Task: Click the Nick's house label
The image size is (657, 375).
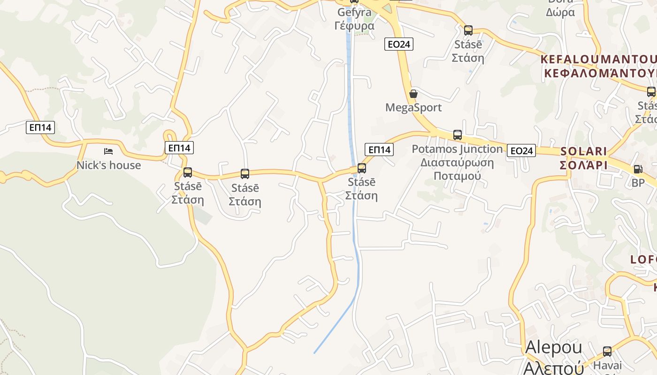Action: (x=108, y=165)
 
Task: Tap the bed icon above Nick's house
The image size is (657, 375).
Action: (x=108, y=151)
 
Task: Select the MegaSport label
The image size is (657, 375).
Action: (x=413, y=107)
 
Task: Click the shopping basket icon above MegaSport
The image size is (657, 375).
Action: (x=413, y=94)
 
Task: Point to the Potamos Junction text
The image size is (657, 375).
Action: (x=457, y=149)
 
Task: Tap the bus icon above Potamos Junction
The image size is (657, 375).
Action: (x=458, y=135)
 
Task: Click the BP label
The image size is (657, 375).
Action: (x=638, y=183)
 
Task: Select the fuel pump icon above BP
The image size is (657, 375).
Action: (x=638, y=169)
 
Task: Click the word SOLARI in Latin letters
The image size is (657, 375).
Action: (x=583, y=151)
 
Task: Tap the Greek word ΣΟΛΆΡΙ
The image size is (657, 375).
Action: (x=583, y=165)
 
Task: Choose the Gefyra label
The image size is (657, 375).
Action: (x=354, y=12)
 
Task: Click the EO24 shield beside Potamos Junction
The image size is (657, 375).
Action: (x=521, y=150)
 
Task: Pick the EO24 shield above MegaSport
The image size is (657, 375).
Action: (x=399, y=44)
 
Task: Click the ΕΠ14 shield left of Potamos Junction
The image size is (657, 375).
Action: (x=379, y=150)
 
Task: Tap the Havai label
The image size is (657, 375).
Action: (x=607, y=365)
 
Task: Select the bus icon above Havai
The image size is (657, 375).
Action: (x=607, y=351)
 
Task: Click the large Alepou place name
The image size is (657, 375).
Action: (x=553, y=347)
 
